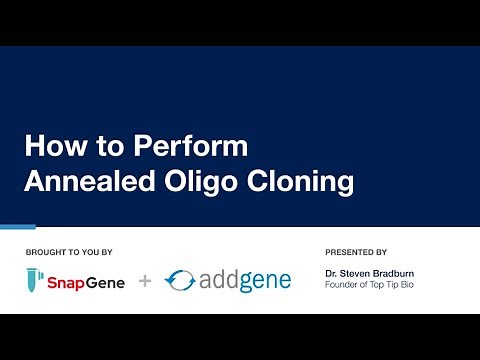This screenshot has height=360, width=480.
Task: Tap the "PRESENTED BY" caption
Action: pos(356,251)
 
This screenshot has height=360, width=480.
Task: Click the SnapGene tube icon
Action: pos(34,281)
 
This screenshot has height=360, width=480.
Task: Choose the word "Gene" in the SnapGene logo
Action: pos(107,282)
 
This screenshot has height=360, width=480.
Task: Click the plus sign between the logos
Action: pos(145,282)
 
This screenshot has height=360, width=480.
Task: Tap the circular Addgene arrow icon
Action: pos(180,281)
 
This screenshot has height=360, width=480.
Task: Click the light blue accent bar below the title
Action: pos(18,226)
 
